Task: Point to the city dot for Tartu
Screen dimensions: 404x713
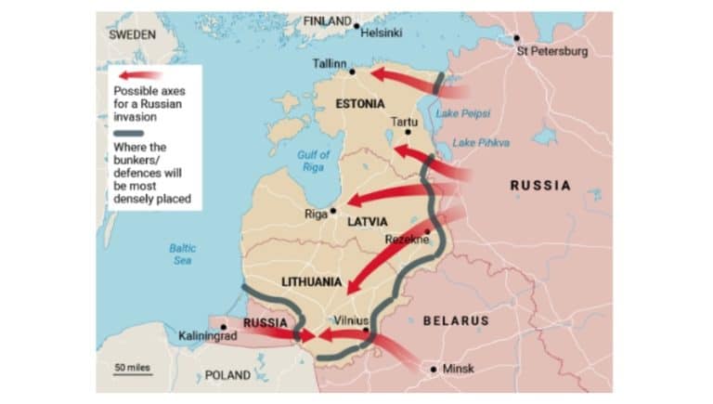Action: (407, 132)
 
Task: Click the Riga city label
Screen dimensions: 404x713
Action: (317, 214)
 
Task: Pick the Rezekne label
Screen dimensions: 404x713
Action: (406, 240)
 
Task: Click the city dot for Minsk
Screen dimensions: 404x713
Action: (434, 369)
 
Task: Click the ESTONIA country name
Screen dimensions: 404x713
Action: (360, 103)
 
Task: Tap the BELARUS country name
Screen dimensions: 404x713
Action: (455, 320)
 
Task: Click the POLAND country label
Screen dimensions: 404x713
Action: (227, 375)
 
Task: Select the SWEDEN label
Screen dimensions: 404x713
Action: (132, 33)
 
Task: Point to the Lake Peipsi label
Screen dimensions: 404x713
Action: (463, 113)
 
